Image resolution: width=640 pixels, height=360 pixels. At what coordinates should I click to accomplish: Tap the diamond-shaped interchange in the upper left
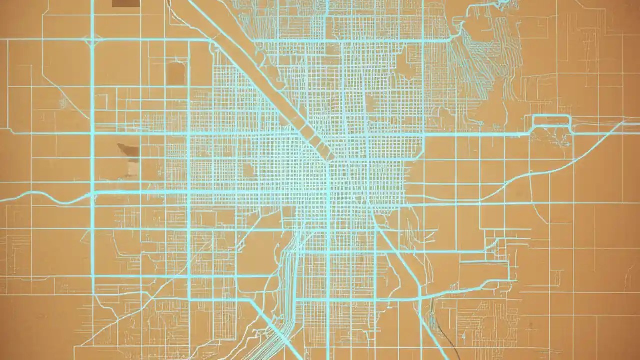coord(92,39)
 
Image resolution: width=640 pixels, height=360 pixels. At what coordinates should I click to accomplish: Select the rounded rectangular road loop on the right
coord(552,123)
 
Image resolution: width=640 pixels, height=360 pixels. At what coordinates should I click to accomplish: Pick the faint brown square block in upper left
coord(175,73)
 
